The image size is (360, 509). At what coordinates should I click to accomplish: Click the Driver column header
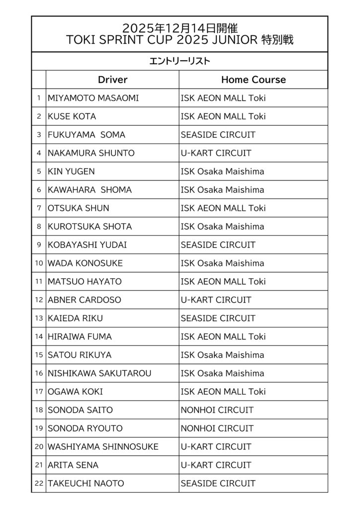[x=112, y=80]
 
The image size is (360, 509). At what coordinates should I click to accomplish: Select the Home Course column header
[x=253, y=80]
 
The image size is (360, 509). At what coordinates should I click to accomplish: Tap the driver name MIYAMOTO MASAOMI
[x=93, y=98]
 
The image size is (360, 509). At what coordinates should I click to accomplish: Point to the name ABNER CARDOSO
[x=84, y=300]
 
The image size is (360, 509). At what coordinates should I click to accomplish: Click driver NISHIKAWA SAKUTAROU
[x=99, y=373]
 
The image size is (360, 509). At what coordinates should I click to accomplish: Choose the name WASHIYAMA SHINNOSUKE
[x=103, y=447]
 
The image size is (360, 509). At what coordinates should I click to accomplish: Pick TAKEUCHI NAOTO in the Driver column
[x=86, y=483]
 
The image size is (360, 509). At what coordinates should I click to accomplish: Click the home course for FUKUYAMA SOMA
[x=218, y=135]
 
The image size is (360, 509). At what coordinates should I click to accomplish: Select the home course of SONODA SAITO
[x=217, y=410]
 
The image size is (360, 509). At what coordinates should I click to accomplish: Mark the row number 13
[x=39, y=318]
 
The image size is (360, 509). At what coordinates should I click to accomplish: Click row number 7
[x=39, y=208]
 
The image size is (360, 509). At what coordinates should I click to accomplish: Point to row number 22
[x=39, y=483]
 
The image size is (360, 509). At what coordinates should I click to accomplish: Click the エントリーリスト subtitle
[x=180, y=61]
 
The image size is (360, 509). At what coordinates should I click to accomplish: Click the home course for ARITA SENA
[x=216, y=465]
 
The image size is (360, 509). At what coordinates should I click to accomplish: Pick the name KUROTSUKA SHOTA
[x=90, y=226]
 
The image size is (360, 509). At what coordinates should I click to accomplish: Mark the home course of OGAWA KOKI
[x=223, y=392]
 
